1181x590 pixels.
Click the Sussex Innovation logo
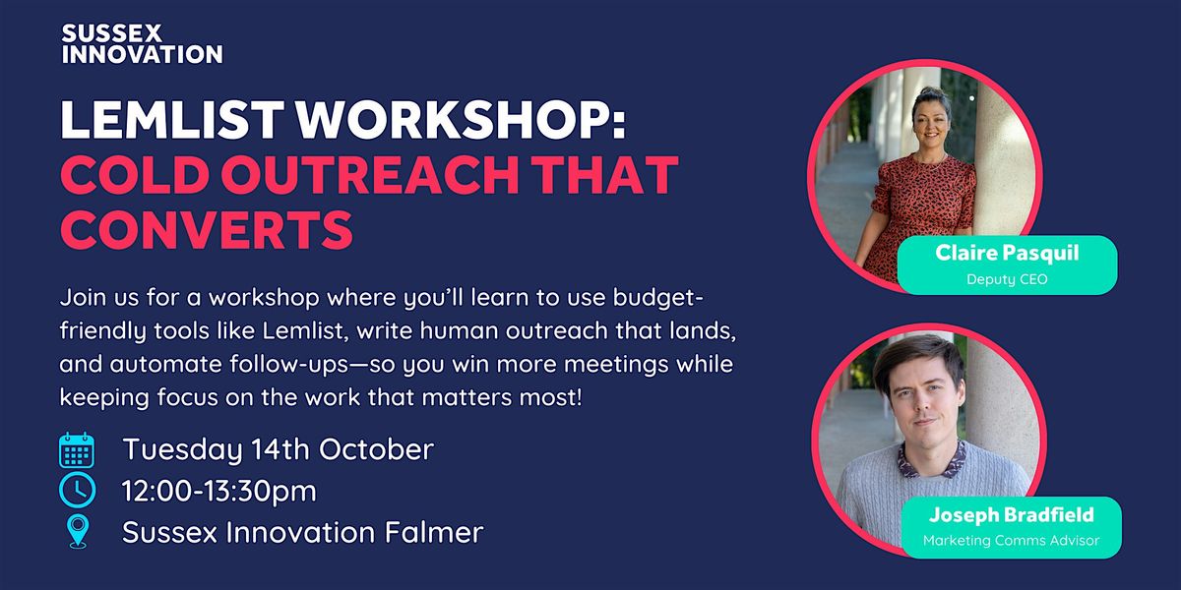point(142,44)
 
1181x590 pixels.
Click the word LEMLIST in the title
point(173,120)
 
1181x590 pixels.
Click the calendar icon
point(77,450)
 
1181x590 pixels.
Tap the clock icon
point(78,490)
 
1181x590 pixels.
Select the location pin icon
point(78,532)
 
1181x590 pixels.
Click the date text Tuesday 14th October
point(279,449)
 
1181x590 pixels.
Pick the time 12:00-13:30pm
point(219,491)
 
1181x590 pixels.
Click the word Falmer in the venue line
point(434,532)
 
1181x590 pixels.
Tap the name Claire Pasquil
point(1007,254)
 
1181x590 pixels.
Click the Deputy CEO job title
point(1007,279)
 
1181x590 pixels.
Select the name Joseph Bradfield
point(1012,514)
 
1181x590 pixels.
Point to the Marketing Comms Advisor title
point(1012,541)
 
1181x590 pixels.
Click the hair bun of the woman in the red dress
point(932,93)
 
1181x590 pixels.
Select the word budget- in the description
point(657,298)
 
